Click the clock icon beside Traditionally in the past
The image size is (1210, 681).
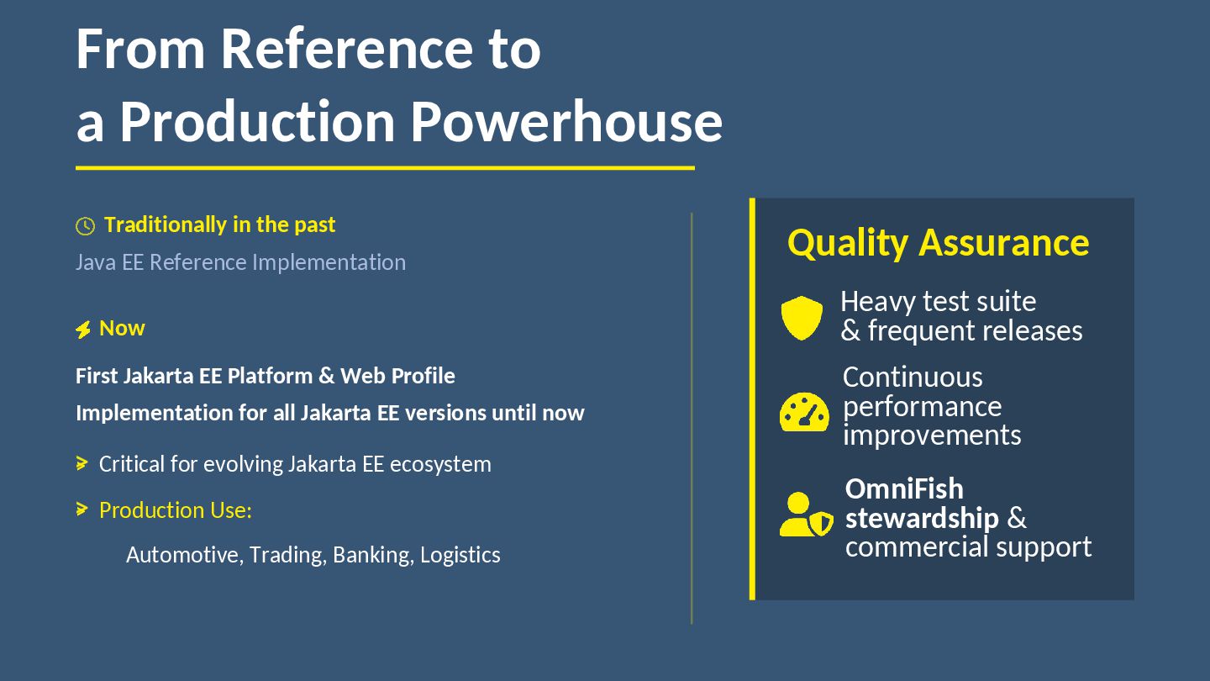[x=85, y=226]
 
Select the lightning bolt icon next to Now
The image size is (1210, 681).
[x=83, y=330]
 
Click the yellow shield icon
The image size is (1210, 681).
[x=802, y=318]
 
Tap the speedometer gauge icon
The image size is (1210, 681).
[x=804, y=412]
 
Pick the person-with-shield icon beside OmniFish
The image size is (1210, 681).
[x=806, y=515]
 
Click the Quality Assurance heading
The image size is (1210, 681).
[x=938, y=242]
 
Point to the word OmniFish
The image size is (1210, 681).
[x=904, y=488]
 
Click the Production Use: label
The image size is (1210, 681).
[x=176, y=510]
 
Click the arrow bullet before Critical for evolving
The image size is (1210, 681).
[x=82, y=463]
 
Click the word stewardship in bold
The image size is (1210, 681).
[x=922, y=518]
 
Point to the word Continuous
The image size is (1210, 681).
[x=913, y=377]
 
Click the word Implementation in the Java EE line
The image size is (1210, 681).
[x=329, y=262]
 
